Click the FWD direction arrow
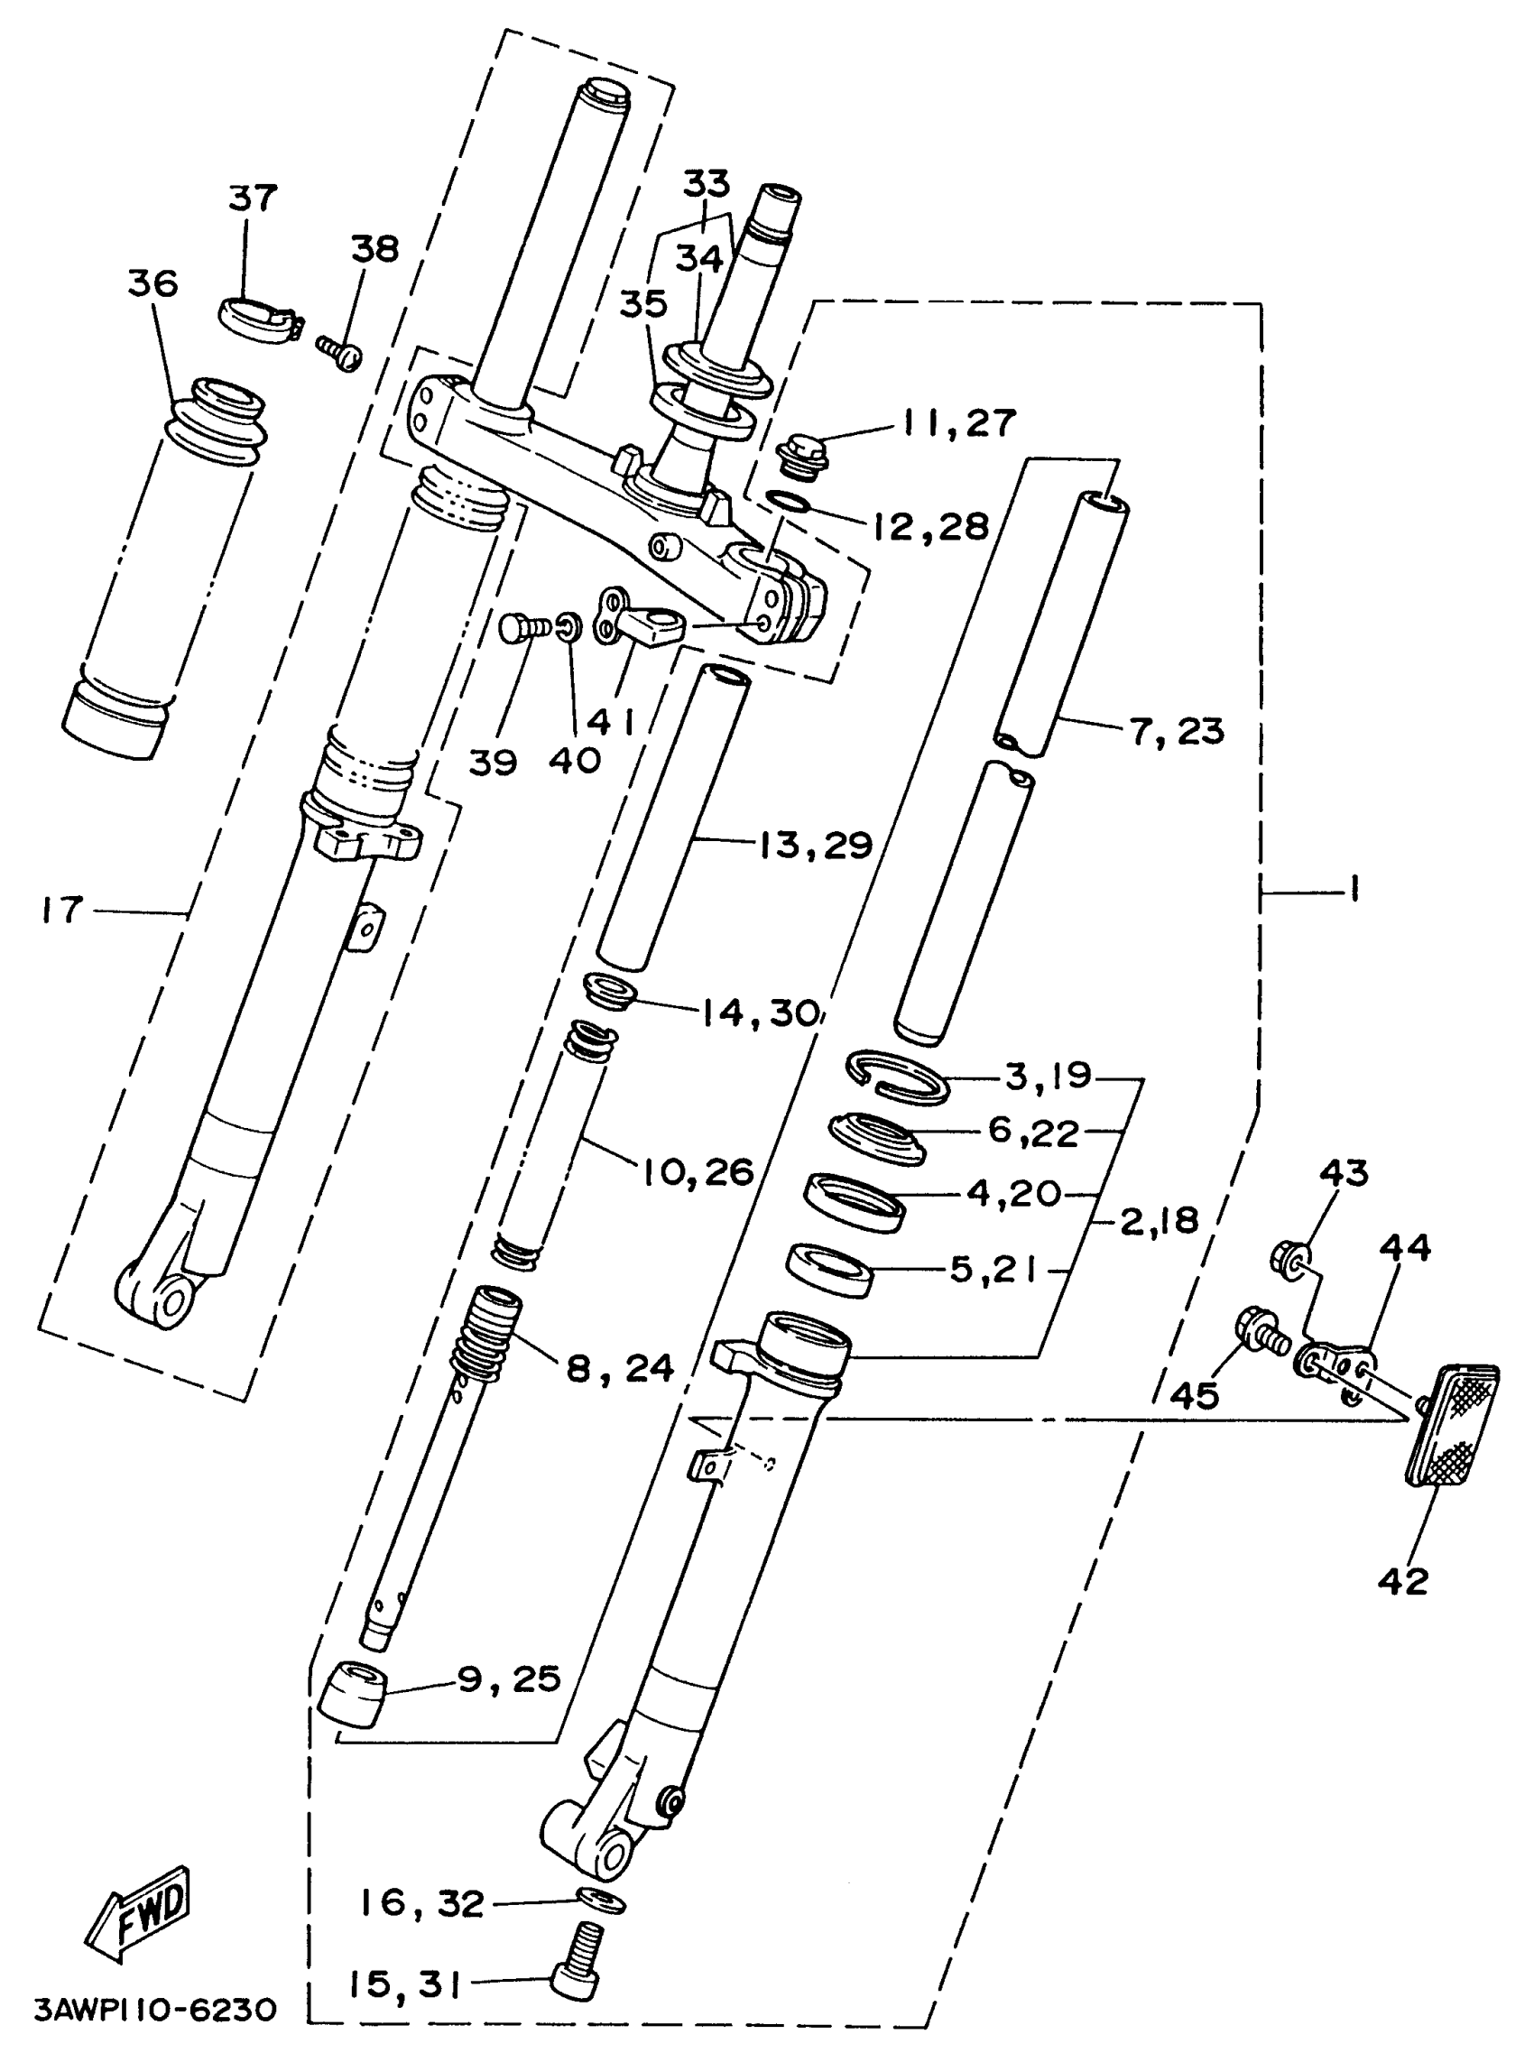(x=139, y=1915)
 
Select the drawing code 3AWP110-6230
(x=156, y=2010)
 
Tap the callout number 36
(x=153, y=283)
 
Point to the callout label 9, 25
(x=509, y=1678)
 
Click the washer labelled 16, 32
(x=600, y=1899)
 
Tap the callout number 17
(x=62, y=910)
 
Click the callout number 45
(x=1195, y=1395)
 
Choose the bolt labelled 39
(x=518, y=628)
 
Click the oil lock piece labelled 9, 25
(x=353, y=1693)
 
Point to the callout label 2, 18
(x=1160, y=1220)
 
